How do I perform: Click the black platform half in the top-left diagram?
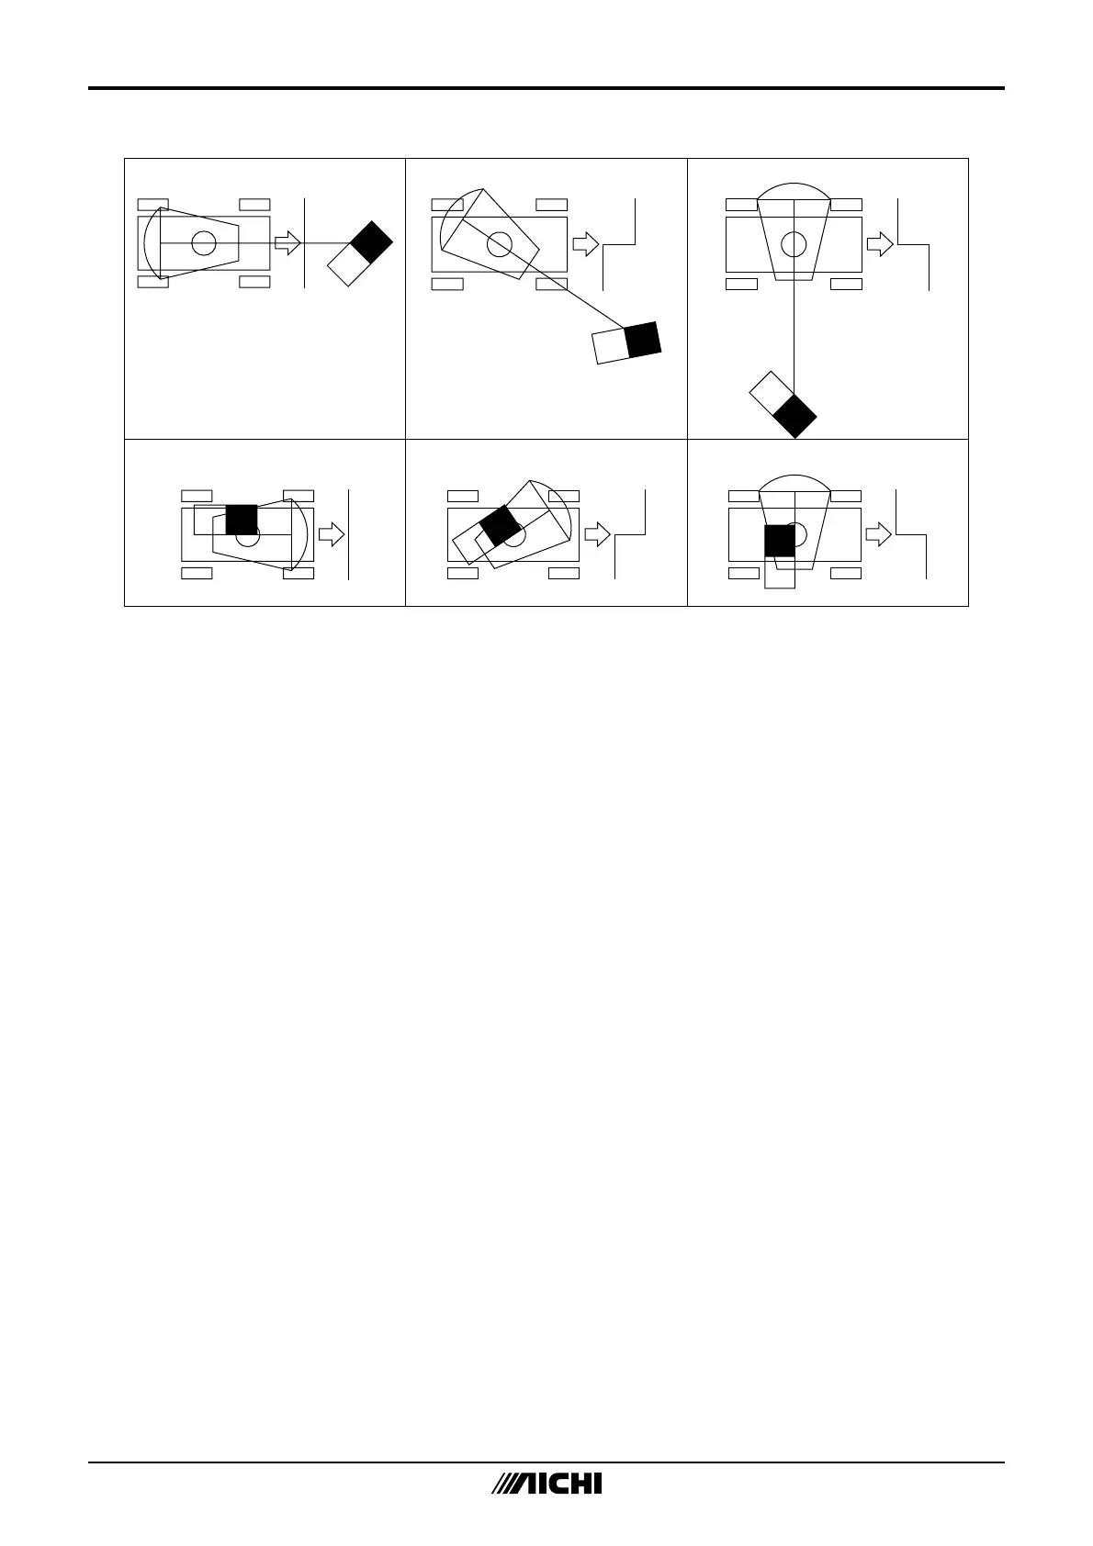(x=372, y=243)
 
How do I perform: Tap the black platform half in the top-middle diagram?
(x=643, y=340)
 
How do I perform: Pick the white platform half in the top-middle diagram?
(x=610, y=346)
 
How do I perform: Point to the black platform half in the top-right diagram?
(x=794, y=416)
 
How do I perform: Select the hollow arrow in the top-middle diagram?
(x=585, y=244)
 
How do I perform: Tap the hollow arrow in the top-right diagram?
(x=880, y=243)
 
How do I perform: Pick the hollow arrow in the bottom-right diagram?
(x=879, y=534)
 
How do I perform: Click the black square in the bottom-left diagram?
(x=242, y=521)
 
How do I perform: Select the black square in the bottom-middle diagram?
(x=500, y=524)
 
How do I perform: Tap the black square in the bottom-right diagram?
(x=779, y=540)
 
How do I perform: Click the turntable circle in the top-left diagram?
(x=204, y=243)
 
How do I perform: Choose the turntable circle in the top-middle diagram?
(x=499, y=244)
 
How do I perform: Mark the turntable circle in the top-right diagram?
(x=794, y=244)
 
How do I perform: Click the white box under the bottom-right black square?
(x=779, y=572)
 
